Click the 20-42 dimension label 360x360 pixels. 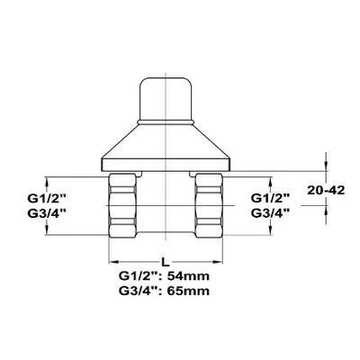[326, 191]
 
